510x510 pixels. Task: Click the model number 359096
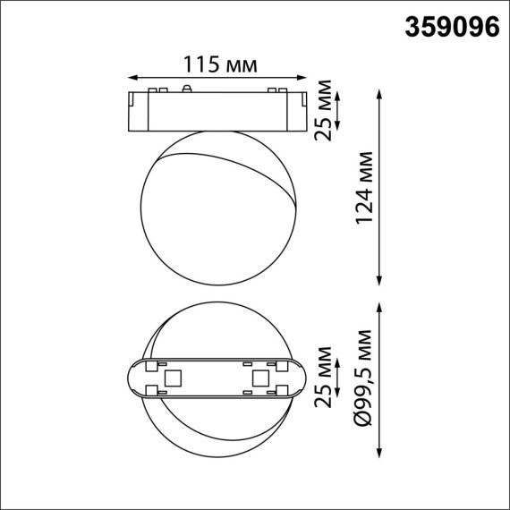point(452,28)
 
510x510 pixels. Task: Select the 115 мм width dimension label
point(220,64)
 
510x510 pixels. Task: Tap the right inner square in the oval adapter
point(261,378)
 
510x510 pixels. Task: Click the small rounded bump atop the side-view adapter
point(185,89)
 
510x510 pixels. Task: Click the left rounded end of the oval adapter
point(134,378)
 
